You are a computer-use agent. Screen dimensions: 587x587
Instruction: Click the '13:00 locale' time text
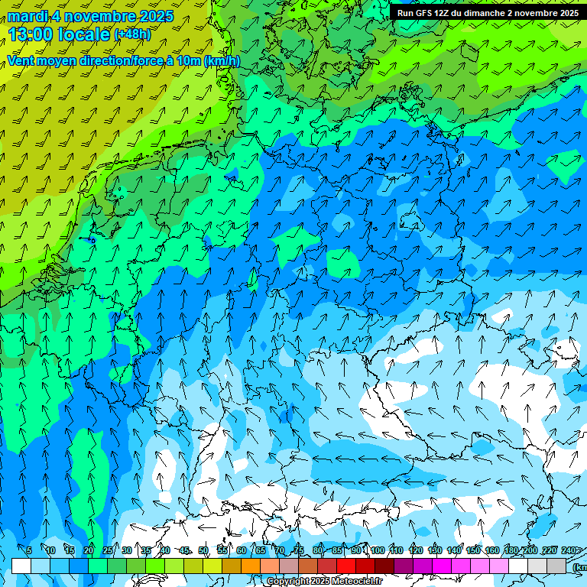coord(59,34)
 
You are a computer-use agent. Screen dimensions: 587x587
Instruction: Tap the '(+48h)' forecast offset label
coord(133,34)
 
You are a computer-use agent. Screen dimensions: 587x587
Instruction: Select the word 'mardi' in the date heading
coord(24,16)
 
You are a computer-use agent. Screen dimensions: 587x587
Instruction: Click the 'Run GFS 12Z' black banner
coord(488,12)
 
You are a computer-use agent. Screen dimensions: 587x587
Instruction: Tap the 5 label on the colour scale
coord(30,551)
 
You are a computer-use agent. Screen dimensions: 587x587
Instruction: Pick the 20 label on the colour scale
coord(89,551)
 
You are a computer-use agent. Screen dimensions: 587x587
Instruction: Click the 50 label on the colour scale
coord(203,551)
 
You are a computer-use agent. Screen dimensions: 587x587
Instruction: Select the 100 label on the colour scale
coord(378,551)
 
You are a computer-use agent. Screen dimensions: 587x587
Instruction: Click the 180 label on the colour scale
coord(511,551)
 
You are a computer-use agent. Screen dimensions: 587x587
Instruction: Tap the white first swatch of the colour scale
coord(21,566)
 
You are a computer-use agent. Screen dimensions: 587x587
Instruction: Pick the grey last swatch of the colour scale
coord(556,566)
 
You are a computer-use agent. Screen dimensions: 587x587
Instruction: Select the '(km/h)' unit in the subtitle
coord(222,61)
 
